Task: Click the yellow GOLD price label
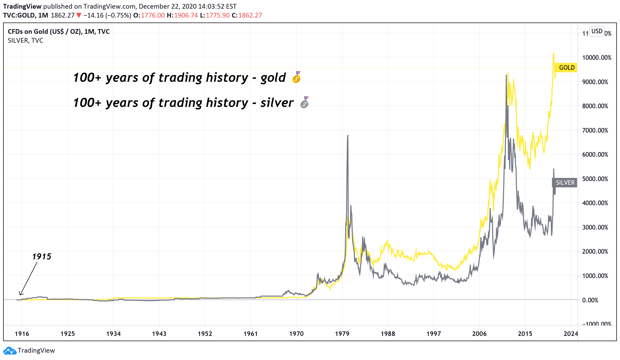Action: pyautogui.click(x=567, y=68)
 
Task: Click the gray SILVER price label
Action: pyautogui.click(x=565, y=183)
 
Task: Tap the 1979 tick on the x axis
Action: pyautogui.click(x=342, y=334)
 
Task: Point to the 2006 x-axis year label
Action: pyautogui.click(x=479, y=334)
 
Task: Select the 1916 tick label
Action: pyautogui.click(x=22, y=334)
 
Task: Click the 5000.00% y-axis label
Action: pyautogui.click(x=595, y=179)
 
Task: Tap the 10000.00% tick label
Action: pyautogui.click(x=596, y=58)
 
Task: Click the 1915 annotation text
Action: pyautogui.click(x=42, y=257)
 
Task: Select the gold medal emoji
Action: pyautogui.click(x=297, y=77)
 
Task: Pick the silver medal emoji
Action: pyautogui.click(x=305, y=102)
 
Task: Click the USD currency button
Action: pyautogui.click(x=597, y=31)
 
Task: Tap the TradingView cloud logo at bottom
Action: pyautogui.click(x=10, y=351)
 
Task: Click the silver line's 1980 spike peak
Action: pyautogui.click(x=348, y=135)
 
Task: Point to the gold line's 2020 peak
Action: pyautogui.click(x=553, y=52)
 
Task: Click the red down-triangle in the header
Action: pyautogui.click(x=79, y=15)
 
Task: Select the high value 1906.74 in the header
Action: pyautogui.click(x=186, y=15)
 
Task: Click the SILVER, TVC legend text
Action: pyautogui.click(x=25, y=41)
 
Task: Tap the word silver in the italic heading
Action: pyautogui.click(x=277, y=103)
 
